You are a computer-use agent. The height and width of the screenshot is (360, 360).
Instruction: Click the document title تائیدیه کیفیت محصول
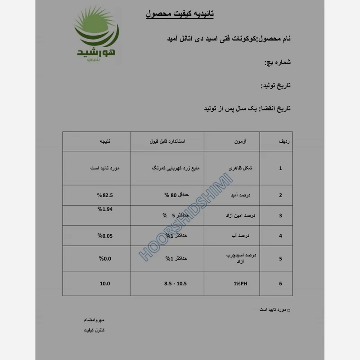click(180, 14)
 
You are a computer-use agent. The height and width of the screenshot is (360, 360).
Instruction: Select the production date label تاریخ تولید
click(276, 85)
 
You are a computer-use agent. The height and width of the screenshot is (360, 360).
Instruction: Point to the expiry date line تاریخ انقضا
click(247, 109)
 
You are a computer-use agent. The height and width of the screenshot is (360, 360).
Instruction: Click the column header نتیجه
click(104, 141)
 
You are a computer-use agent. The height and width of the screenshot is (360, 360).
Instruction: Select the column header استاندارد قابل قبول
click(167, 141)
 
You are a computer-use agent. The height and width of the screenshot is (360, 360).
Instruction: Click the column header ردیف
click(284, 141)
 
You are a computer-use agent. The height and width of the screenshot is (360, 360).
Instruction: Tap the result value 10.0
click(105, 283)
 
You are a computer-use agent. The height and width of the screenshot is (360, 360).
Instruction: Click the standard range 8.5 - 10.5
click(175, 283)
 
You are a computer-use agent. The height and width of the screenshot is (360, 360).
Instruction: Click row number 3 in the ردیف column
click(280, 216)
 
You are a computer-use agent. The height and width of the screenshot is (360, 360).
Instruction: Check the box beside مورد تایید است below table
click(288, 310)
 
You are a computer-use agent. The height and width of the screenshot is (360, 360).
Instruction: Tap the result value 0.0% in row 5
click(105, 258)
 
